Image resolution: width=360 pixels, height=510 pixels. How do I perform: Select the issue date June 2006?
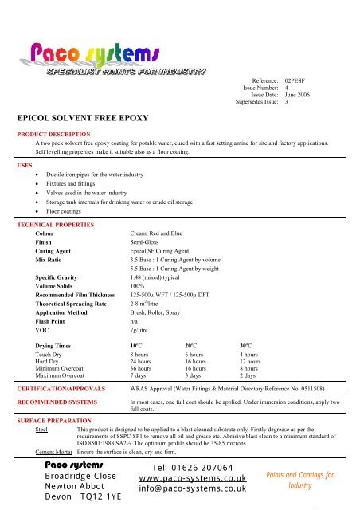coord(299,95)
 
